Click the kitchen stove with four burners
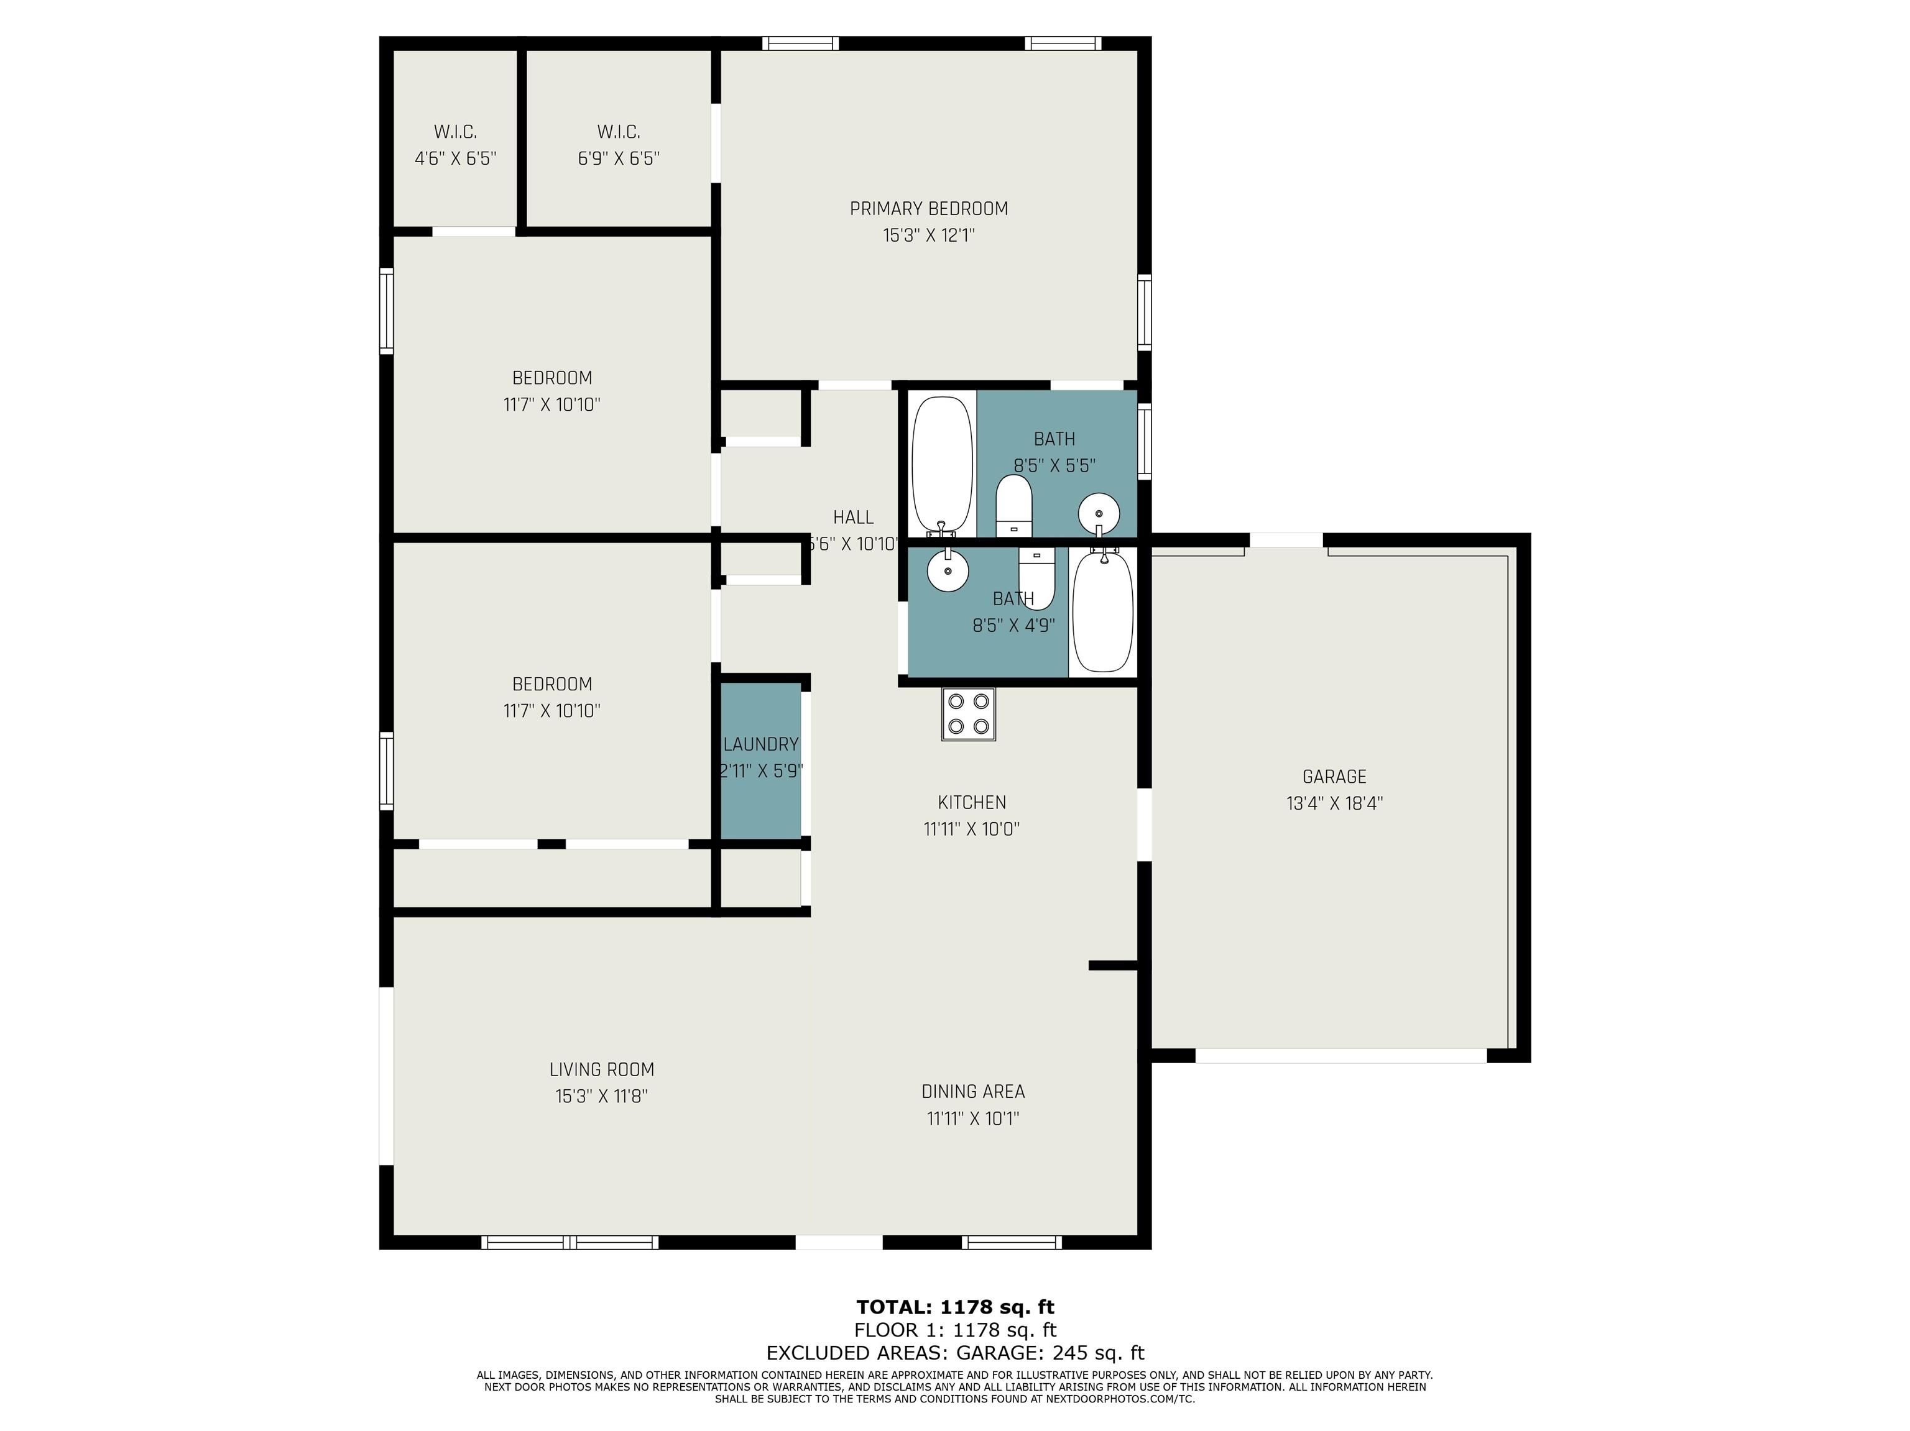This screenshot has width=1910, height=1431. pos(968,714)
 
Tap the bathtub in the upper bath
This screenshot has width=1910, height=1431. pos(941,464)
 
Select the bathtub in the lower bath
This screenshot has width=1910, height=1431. pos(1102,611)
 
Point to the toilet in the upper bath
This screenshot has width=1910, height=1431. pos(1013,505)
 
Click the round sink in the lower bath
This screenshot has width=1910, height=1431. pos(948,570)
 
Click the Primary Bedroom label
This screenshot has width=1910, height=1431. pos(928,209)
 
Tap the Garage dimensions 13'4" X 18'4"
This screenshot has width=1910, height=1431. pos(1334,803)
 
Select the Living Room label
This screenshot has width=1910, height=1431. pos(602,1069)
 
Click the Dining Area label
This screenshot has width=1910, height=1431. pos(973,1092)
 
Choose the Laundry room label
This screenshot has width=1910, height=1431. pos(761,744)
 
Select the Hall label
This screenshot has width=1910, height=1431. pos(853,518)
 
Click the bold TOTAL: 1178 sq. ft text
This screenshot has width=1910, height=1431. pos(955,1307)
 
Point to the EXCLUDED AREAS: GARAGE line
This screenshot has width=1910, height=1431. pos(955,1353)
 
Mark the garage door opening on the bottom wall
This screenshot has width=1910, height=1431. pos(1341,1056)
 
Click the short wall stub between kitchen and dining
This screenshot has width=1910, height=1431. pos(1115,966)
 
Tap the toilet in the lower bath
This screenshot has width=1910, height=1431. pos(1037,578)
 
